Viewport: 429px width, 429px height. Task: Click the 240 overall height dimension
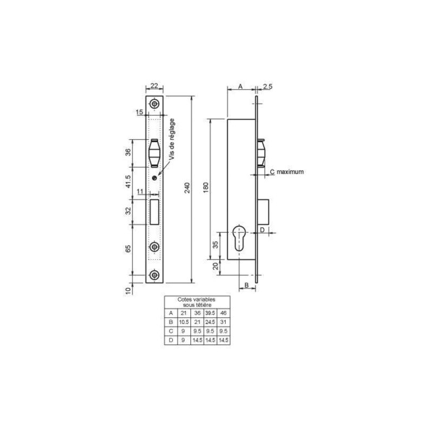click(187, 188)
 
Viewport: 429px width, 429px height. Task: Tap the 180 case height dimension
click(206, 188)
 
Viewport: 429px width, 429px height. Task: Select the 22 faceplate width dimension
click(154, 86)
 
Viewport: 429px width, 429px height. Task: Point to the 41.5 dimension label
click(128, 181)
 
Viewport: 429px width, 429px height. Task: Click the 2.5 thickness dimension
click(268, 86)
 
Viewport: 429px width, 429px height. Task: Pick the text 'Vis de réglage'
click(172, 139)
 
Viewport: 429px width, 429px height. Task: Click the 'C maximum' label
click(287, 172)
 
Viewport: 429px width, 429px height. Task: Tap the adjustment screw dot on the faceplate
click(154, 178)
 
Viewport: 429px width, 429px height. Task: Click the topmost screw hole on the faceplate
click(154, 104)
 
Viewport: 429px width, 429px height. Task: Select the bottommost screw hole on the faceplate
click(154, 275)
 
